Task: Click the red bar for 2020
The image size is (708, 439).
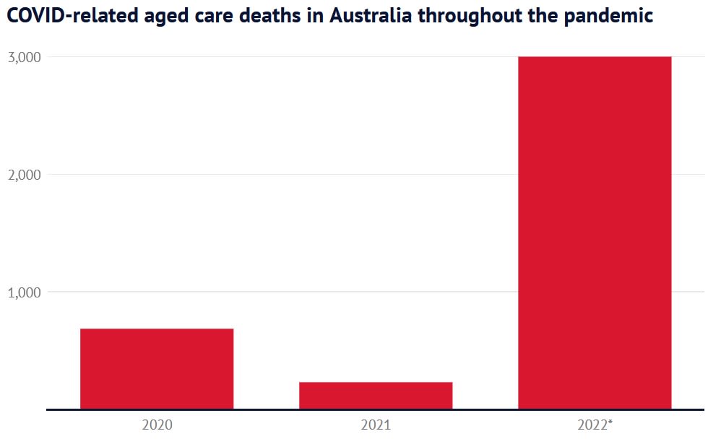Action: [x=157, y=369]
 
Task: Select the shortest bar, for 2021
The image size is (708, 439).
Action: [x=376, y=396]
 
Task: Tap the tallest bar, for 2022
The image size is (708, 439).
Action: [x=595, y=232]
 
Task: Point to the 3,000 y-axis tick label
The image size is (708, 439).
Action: [x=23, y=58]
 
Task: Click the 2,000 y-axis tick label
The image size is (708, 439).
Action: [x=23, y=175]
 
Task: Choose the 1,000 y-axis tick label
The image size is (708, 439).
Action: [x=23, y=293]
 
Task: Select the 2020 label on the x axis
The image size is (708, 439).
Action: [x=157, y=425]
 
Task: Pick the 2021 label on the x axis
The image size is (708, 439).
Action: [x=376, y=425]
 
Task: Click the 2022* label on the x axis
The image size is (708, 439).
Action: [x=595, y=425]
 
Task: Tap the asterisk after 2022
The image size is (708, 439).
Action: [x=610, y=422]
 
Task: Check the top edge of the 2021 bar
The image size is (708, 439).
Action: [x=376, y=383]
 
